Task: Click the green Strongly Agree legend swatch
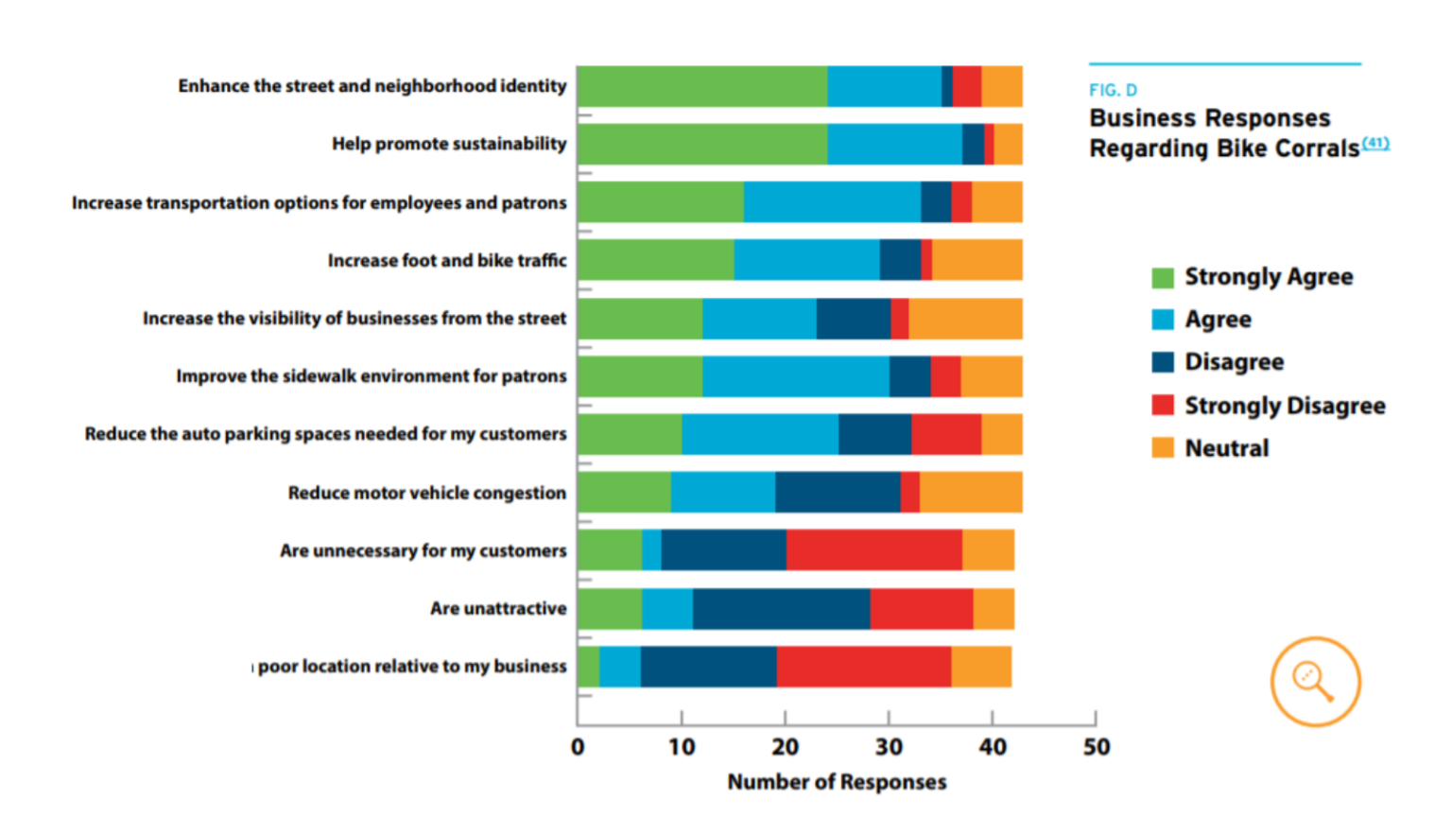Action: tap(1163, 277)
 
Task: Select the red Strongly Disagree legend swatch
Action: tap(1163, 406)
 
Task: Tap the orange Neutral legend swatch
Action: tap(1163, 448)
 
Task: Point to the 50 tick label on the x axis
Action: tap(1096, 747)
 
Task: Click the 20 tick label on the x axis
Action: tap(785, 747)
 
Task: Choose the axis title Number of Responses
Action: tap(837, 782)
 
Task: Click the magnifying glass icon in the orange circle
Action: tap(1315, 682)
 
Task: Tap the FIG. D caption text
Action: tap(1113, 91)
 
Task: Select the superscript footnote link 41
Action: tap(1375, 144)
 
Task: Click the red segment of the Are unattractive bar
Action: tap(922, 609)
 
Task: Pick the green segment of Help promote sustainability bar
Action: tap(701, 145)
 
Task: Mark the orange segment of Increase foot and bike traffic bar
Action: tap(977, 260)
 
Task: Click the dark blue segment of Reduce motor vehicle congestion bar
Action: tap(838, 493)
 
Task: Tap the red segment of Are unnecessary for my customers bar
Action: tap(873, 550)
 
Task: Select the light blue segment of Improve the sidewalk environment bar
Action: tap(795, 376)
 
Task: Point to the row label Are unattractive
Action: tap(498, 609)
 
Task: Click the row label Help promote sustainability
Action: tap(449, 145)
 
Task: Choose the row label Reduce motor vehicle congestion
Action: tap(427, 493)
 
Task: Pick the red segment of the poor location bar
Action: tap(864, 667)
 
